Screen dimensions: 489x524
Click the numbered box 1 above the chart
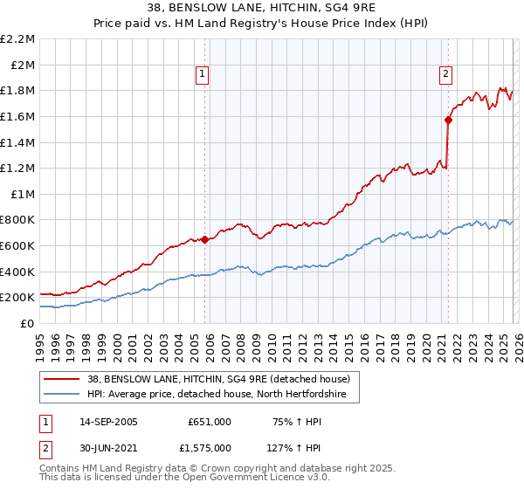202,74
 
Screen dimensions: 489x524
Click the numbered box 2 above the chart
445,74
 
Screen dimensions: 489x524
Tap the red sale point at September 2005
205,239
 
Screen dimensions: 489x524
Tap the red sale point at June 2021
448,121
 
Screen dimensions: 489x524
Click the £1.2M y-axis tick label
19,168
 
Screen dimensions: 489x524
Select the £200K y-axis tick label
19,297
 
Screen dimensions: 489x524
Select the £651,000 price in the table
210,421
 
